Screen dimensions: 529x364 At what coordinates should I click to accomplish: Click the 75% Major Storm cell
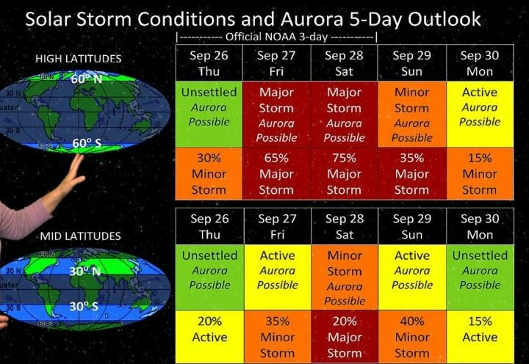pyautogui.click(x=344, y=174)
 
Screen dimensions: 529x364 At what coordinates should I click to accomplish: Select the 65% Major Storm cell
pyautogui.click(x=276, y=174)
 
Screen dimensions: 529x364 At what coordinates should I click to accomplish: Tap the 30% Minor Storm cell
pyautogui.click(x=209, y=174)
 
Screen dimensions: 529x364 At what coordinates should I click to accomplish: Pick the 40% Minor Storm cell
pyautogui.click(x=412, y=337)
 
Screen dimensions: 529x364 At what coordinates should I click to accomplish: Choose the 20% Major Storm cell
pyautogui.click(x=345, y=337)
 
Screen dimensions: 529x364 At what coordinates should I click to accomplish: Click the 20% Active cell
pyautogui.click(x=209, y=337)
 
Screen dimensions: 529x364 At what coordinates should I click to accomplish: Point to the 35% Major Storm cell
pyautogui.click(x=412, y=174)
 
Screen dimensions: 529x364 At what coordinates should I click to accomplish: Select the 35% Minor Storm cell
pyautogui.click(x=277, y=337)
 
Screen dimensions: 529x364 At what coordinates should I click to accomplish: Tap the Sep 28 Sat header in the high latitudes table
pyautogui.click(x=344, y=63)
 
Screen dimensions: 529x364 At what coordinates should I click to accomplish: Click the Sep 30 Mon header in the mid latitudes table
pyautogui.click(x=480, y=226)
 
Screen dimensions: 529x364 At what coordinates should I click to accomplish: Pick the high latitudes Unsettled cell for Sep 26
pyautogui.click(x=209, y=114)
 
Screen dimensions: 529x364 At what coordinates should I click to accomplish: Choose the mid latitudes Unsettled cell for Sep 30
pyautogui.click(x=480, y=277)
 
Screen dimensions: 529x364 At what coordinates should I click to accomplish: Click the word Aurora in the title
pyautogui.click(x=312, y=19)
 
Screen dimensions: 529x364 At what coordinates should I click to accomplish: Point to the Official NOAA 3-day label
pyautogui.click(x=276, y=37)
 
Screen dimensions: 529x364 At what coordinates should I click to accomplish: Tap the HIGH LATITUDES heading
pyautogui.click(x=79, y=59)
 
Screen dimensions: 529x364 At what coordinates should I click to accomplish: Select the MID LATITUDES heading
pyautogui.click(x=80, y=236)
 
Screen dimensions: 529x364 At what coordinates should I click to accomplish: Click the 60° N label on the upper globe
pyautogui.click(x=87, y=79)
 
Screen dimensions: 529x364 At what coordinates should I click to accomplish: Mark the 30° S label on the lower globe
pyautogui.click(x=84, y=306)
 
